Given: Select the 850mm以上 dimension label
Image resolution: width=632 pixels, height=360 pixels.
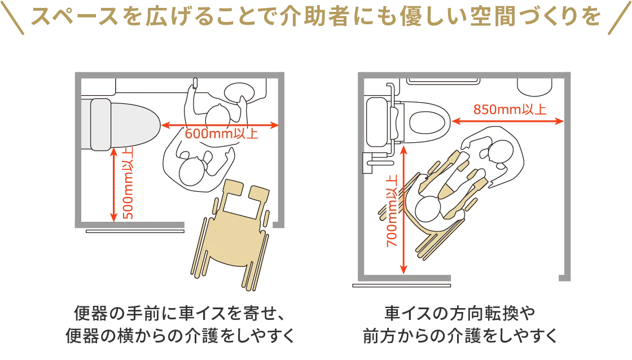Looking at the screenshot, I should pyautogui.click(x=510, y=110).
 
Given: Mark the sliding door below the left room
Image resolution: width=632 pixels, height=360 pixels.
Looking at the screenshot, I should pyautogui.click(x=135, y=231).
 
